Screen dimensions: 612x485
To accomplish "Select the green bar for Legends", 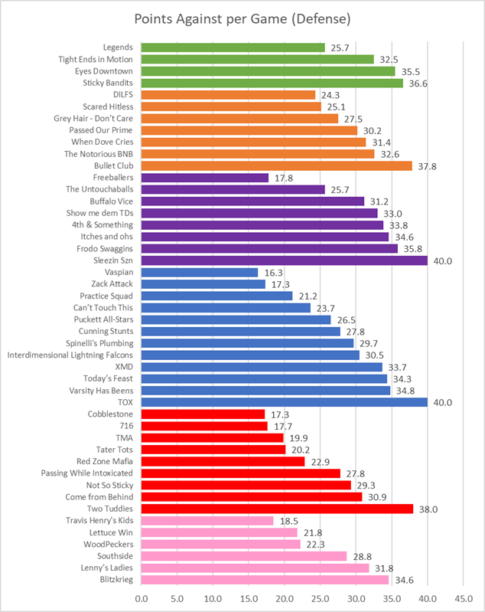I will [x=233, y=47].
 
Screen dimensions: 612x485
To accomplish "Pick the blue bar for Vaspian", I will [x=200, y=272].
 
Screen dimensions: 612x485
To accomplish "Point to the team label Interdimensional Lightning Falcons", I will [x=70, y=355].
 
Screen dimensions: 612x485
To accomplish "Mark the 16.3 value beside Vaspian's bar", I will [x=271, y=272].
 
